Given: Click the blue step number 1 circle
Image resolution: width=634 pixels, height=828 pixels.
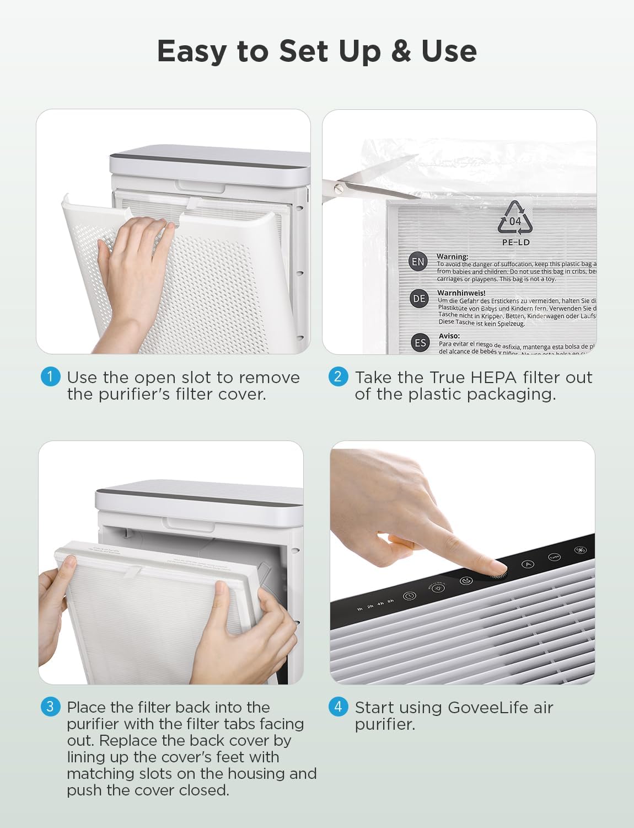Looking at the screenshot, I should [50, 377].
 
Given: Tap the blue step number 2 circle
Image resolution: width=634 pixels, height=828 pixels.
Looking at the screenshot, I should [338, 377].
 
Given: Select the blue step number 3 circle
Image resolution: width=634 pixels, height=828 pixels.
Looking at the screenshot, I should [50, 707].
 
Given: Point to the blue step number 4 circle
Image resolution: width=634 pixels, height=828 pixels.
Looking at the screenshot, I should [338, 707].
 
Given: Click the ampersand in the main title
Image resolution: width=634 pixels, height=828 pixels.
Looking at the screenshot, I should [401, 51].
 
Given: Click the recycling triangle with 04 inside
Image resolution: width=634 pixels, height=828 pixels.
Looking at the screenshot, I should [515, 219].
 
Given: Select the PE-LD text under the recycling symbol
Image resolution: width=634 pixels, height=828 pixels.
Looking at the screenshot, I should [515, 242].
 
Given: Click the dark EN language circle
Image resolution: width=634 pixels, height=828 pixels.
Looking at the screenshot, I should [418, 262].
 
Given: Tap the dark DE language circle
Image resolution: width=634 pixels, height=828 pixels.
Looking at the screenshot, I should [419, 299].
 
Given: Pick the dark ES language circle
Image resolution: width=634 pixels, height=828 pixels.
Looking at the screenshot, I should [420, 343].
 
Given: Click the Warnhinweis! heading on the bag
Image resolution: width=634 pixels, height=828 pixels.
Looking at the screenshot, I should [461, 293].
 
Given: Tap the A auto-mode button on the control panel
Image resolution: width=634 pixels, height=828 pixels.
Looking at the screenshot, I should [528, 564].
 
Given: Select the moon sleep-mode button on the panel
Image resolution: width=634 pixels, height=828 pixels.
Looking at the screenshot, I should [466, 581].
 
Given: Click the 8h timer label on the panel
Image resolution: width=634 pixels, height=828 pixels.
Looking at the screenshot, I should [390, 601].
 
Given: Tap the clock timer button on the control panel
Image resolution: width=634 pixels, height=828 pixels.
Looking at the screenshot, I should [409, 596].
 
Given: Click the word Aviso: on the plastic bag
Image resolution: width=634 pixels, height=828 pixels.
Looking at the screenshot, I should [449, 336].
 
